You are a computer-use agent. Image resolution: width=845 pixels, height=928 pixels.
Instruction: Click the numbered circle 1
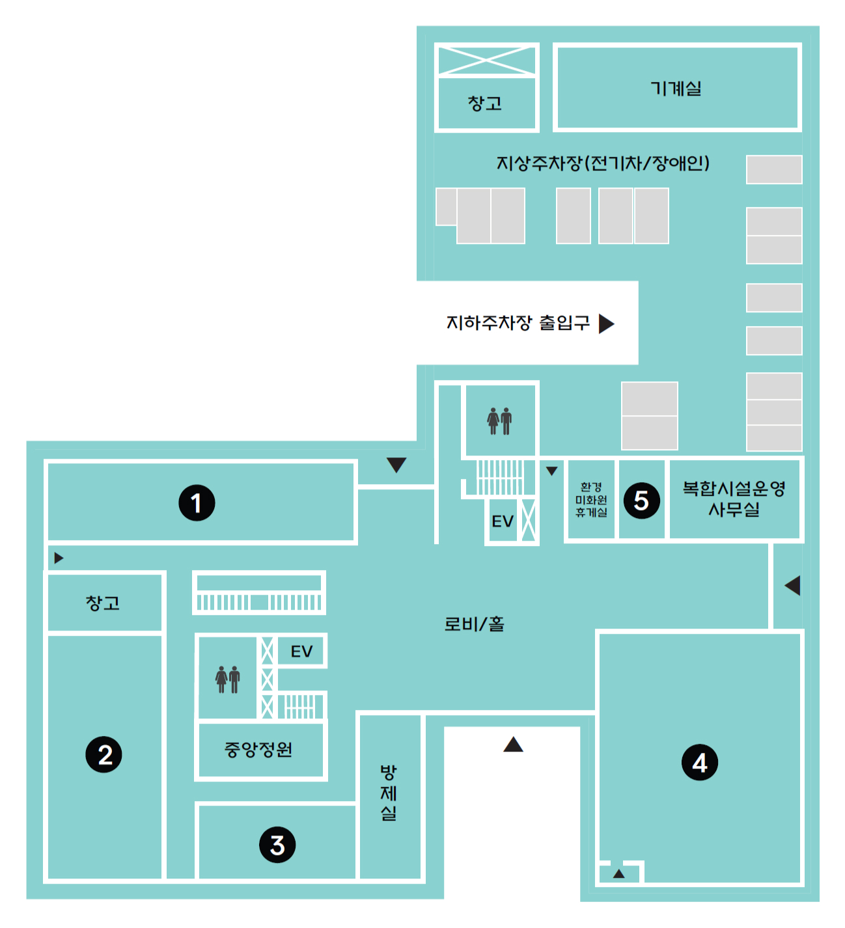pos(196,502)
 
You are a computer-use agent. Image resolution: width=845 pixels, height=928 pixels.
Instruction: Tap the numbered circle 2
pos(104,754)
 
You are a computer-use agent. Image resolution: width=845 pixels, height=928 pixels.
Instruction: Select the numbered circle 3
pos(277,845)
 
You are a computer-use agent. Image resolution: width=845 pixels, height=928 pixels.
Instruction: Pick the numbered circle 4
pos(699,762)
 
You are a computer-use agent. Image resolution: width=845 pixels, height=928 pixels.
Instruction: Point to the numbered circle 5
pos(641,500)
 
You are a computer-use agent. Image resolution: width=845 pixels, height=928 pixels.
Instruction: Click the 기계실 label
pos(676,88)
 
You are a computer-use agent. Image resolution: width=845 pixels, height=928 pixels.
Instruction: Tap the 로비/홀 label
pos(474,623)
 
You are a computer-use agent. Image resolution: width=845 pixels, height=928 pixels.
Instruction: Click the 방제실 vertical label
pos(388,793)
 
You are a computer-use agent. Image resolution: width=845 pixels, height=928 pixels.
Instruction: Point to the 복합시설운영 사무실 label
pos(734,498)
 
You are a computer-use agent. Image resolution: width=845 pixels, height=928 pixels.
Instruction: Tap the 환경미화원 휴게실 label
pos(591,500)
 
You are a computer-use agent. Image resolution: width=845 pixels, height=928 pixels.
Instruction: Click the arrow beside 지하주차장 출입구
pos(606,323)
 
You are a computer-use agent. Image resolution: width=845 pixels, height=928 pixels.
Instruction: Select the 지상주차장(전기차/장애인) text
pos(603,163)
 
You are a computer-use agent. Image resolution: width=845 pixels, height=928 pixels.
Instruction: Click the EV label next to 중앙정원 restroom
pos(301,651)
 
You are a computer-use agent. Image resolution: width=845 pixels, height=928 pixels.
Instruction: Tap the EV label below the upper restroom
pos(503,521)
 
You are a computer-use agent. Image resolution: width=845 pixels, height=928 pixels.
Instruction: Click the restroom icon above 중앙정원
pos(228,679)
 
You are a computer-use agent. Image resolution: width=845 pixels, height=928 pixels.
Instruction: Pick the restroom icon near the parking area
pos(499,421)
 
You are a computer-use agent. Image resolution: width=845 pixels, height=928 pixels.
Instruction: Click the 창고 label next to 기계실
pos(484,103)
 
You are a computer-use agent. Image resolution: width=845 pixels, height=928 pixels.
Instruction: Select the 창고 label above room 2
pos(102,603)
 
